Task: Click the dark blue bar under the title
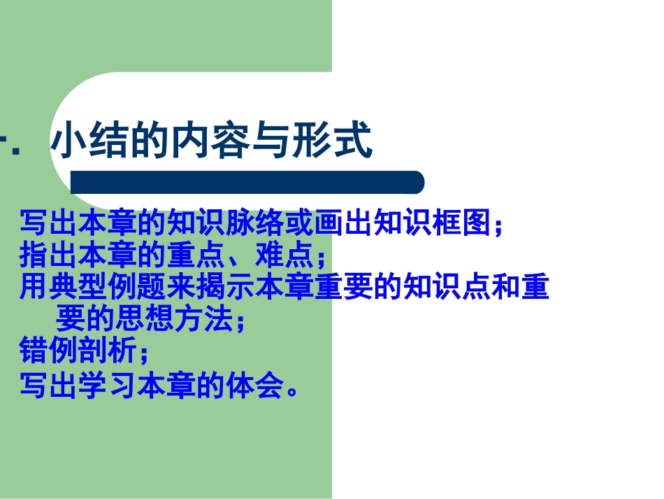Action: click(x=247, y=183)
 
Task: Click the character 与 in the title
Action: click(x=270, y=142)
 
